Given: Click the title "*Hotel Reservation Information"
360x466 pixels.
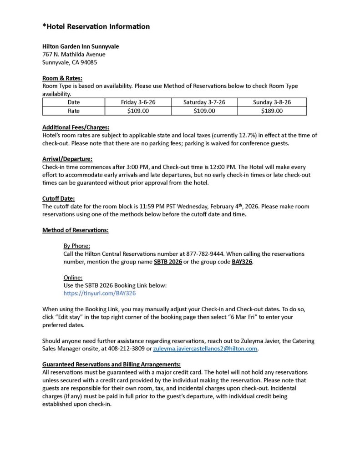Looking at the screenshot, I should coord(96,27).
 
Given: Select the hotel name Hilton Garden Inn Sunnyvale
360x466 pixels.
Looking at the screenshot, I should coord(81,46).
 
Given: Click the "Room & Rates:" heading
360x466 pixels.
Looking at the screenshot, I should coord(62,78).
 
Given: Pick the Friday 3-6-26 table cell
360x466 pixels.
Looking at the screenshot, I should coord(138,102).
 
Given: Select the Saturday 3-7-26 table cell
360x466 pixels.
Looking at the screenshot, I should coord(204,102).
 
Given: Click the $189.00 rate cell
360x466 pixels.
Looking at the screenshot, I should coord(272,111).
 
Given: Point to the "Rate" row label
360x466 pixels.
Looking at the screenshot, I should coord(74,111).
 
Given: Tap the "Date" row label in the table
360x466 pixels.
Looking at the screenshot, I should coord(74,102).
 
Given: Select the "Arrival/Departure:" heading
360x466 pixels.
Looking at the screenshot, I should coord(67,159).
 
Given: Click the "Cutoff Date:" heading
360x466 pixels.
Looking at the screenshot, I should coord(59,198).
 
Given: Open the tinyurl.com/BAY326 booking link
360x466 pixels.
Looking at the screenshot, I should coord(100,294).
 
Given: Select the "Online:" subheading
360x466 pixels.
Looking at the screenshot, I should coord(73,278).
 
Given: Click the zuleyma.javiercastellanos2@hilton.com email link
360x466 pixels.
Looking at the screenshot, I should coord(205,349).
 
